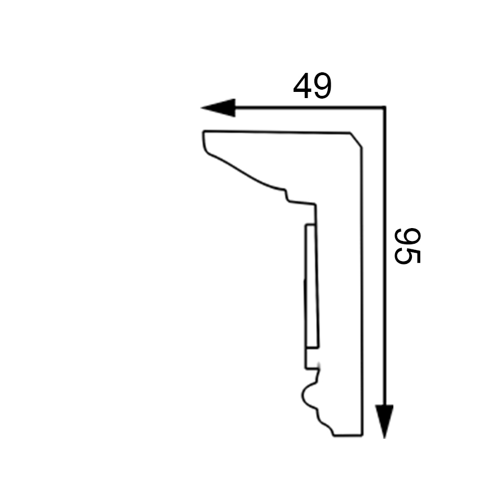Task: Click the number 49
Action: pos(312,86)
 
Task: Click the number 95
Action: pos(407,246)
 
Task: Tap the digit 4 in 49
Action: pos(302,86)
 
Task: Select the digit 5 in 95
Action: pos(407,256)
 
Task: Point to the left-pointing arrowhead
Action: pos(218,108)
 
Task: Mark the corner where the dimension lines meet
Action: pos(384,108)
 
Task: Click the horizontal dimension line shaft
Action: pos(310,108)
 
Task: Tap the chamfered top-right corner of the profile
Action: pos(356,140)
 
